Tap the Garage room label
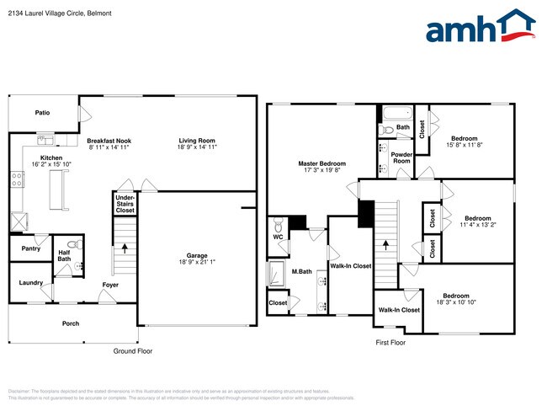pyautogui.click(x=197, y=256)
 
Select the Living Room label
pyautogui.click(x=197, y=141)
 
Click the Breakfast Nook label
pyautogui.click(x=108, y=141)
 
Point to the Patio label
pyautogui.click(x=42, y=112)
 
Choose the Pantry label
pyautogui.click(x=30, y=248)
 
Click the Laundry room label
pyautogui.click(x=31, y=282)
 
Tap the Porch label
pyautogui.click(x=71, y=323)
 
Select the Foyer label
pyautogui.click(x=110, y=286)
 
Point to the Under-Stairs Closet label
pyautogui.click(x=125, y=204)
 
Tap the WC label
pyautogui.click(x=278, y=238)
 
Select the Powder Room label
pyautogui.click(x=402, y=157)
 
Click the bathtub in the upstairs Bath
pyautogui.click(x=396, y=113)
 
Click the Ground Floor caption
pyautogui.click(x=132, y=351)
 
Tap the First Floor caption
pyautogui.click(x=390, y=343)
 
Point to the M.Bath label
pyautogui.click(x=302, y=271)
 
